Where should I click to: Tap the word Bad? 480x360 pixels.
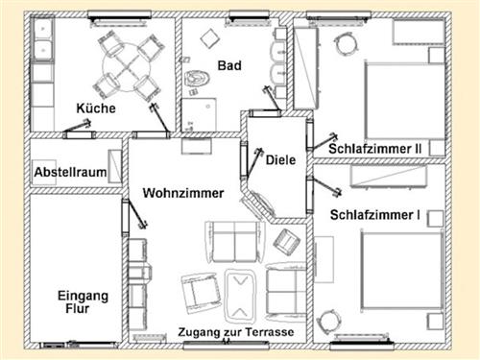tap(229, 67)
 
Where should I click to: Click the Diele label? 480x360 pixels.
tap(280, 160)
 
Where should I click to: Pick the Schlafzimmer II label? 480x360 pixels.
tap(374, 149)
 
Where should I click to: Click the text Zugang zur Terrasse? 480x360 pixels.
tap(236, 333)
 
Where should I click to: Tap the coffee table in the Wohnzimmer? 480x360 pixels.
tap(238, 291)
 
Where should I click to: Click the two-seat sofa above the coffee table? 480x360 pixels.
tap(233, 241)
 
